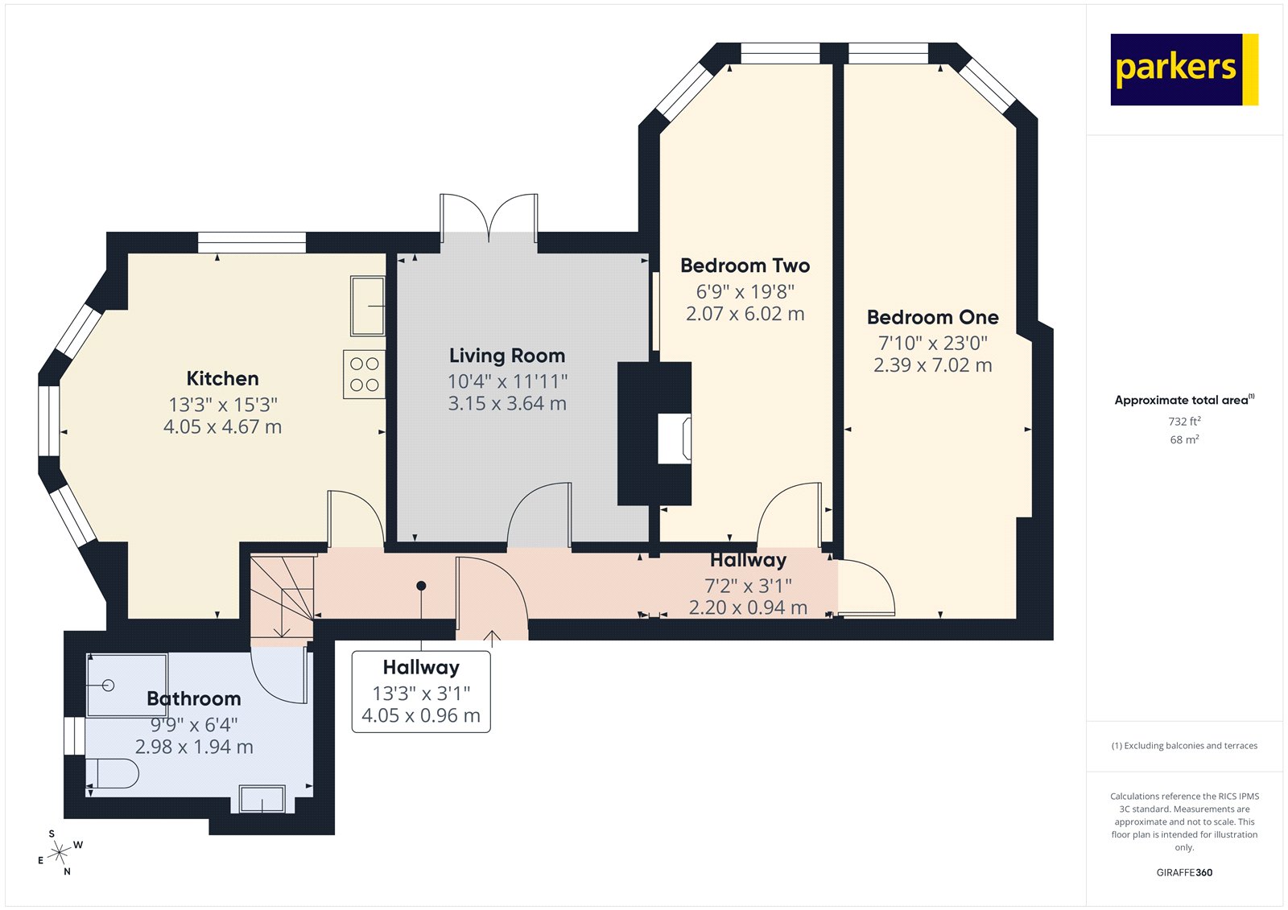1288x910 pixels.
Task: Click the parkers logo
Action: tap(1183, 69)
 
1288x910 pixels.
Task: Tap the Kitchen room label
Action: tap(222, 379)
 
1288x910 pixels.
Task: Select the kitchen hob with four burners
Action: tap(364, 374)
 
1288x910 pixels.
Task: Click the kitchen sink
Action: tap(367, 306)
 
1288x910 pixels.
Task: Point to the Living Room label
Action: tap(506, 356)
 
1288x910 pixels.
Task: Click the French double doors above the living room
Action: tap(489, 216)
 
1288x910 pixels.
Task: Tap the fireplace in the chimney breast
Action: tap(674, 439)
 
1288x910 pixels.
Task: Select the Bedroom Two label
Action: tap(745, 266)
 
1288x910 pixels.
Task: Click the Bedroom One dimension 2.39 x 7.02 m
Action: tap(932, 365)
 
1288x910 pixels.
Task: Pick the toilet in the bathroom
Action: tap(112, 773)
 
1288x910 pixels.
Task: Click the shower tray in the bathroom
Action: tap(127, 685)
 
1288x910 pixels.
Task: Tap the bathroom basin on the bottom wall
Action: tap(262, 799)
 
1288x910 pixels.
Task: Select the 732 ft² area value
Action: tap(1184, 422)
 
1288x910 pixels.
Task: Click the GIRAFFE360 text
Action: tap(1184, 872)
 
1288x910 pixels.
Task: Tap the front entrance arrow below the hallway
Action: tap(492, 639)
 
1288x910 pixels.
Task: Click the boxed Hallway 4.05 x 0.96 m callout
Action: tap(421, 692)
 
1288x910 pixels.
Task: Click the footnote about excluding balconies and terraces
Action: tap(1184, 746)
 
